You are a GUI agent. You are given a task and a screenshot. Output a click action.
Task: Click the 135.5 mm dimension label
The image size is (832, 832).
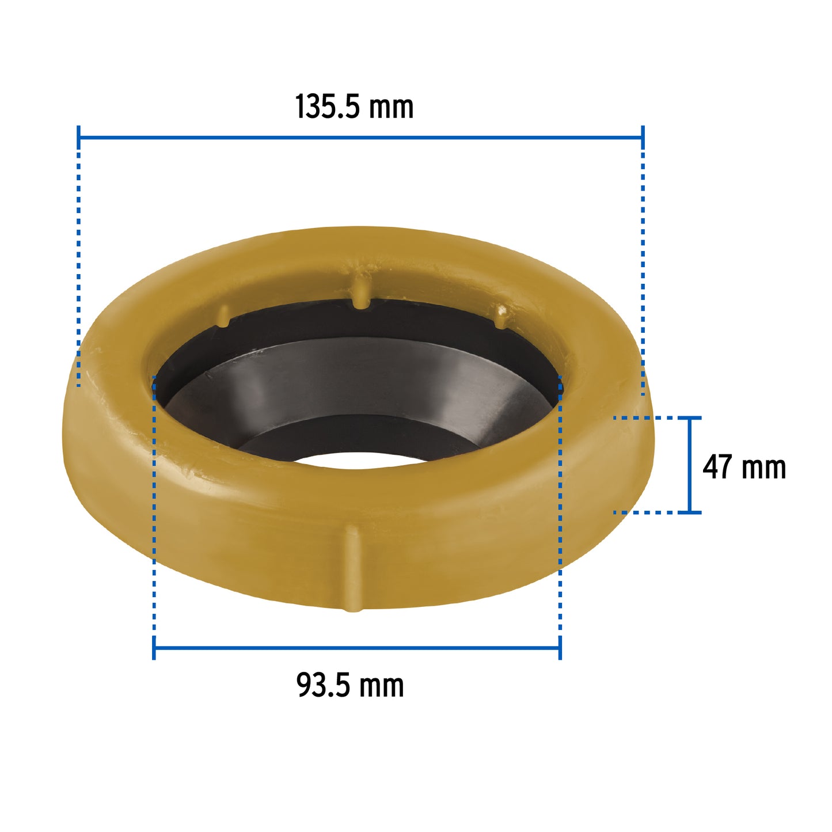click(x=354, y=107)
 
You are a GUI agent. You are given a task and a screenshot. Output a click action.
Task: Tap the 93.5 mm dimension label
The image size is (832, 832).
click(x=350, y=685)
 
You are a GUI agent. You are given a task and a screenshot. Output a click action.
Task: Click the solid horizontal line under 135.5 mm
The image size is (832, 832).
click(x=360, y=138)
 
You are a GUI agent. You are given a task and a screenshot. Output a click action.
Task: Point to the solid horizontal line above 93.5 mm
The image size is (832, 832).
click(x=357, y=648)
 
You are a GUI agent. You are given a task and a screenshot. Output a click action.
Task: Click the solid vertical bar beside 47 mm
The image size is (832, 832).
click(x=690, y=464)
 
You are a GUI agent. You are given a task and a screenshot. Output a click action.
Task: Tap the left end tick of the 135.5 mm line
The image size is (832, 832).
click(x=78, y=138)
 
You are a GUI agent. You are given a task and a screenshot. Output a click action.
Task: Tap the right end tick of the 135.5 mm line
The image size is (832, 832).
click(x=643, y=138)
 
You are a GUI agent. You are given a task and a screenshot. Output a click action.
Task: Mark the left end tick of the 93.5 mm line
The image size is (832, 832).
click(x=154, y=648)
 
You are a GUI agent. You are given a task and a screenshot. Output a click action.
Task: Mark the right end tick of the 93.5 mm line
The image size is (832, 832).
click(x=560, y=648)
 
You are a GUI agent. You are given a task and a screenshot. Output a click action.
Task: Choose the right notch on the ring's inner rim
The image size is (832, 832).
click(x=502, y=317)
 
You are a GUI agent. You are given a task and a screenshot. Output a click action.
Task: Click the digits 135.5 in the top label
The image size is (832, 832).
click(x=327, y=107)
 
